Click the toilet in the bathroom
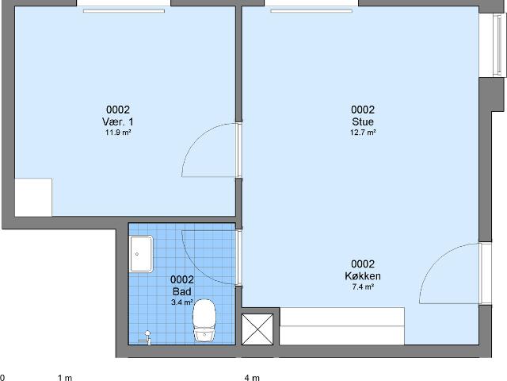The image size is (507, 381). pos(204,320)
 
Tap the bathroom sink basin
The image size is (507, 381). pos(141,254)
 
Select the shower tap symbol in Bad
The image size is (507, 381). pos(146,337)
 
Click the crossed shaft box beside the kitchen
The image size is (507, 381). pos(257,329)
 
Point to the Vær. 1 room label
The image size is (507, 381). pos(118,121)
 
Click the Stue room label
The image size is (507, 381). pos(363,121)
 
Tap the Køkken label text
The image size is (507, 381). pos(363,276)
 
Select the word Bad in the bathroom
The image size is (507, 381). pos(182,291)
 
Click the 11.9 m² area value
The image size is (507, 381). pos(118,133)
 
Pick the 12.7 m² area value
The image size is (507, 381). pos(363,133)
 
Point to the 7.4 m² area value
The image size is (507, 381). pos(363,287)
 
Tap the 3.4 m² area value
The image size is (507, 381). pos(182,302)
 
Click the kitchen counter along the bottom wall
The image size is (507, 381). pos(341,326)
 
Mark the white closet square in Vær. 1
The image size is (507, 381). pos(33,198)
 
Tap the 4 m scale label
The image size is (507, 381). pos(252,378)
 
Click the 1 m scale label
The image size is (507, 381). pos(65,378)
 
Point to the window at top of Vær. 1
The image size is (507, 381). pos(124,10)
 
